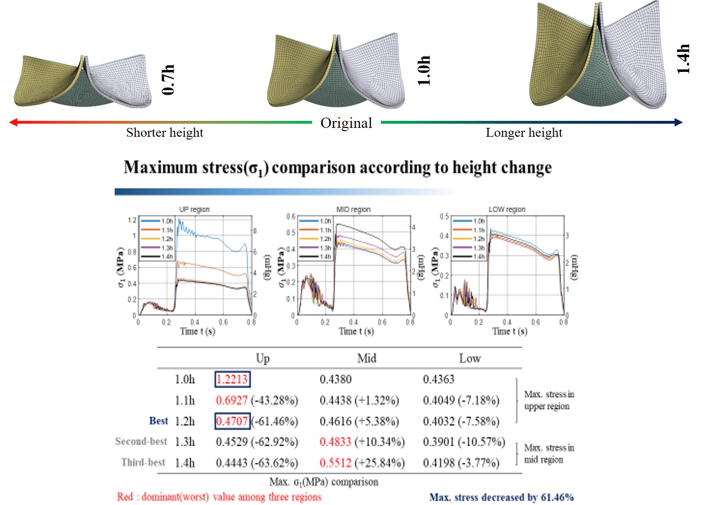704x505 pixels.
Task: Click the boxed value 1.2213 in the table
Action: pos(232,379)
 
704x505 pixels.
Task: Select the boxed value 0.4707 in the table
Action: pos(232,421)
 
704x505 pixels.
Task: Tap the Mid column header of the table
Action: pos(366,358)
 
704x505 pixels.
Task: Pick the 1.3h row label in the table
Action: pos(185,442)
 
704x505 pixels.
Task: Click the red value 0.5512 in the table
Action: pos(335,463)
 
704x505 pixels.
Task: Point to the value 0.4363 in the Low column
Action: pos(438,379)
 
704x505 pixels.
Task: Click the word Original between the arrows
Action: pos(346,123)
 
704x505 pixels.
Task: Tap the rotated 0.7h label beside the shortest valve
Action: pos(168,80)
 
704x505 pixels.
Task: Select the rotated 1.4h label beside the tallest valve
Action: pos(683,59)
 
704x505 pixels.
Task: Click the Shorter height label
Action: pos(165,133)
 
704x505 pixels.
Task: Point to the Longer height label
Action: pos(524,133)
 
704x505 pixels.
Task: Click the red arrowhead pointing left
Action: pos(13,122)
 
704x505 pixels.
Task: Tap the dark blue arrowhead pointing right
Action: pos(679,122)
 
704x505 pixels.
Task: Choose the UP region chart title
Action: pos(194,210)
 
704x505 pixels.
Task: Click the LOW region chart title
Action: pos(507,210)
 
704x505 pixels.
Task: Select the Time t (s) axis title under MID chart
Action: pos(356,331)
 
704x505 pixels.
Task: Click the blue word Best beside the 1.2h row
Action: pos(159,421)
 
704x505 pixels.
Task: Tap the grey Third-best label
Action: pos(143,463)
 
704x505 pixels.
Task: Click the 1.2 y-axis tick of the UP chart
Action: pos(132,220)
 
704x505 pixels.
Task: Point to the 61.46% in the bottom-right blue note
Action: pos(557,498)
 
